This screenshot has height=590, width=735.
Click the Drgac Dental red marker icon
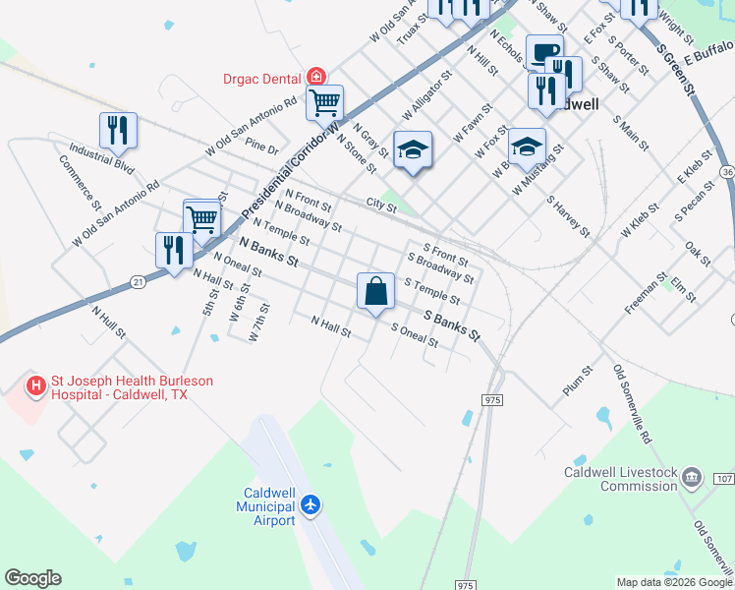[x=316, y=76]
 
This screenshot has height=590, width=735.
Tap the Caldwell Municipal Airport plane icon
[x=312, y=504]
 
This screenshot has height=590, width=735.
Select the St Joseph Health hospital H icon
[x=36, y=386]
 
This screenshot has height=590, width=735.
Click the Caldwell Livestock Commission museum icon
[x=692, y=479]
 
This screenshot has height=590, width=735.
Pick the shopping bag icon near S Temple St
[x=375, y=291]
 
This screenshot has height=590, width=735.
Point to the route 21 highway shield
[x=137, y=282]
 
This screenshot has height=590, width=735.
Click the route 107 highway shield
[x=724, y=479]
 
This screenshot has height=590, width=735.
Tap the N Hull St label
[x=109, y=322]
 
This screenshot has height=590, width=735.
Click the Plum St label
[x=579, y=383]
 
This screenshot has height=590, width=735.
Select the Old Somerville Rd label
[x=633, y=403]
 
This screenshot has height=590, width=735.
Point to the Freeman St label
[x=646, y=294]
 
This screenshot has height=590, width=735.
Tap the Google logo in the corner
[x=32, y=578]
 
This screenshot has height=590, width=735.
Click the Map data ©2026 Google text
[x=673, y=582]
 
